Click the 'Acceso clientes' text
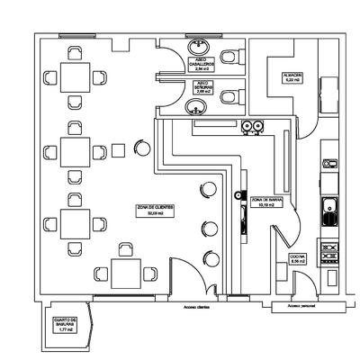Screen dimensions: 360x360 tap(196, 307)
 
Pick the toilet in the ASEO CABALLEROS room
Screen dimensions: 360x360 tap(235, 57)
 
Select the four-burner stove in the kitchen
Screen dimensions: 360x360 tap(329, 249)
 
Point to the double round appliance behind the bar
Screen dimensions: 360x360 tap(252, 125)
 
